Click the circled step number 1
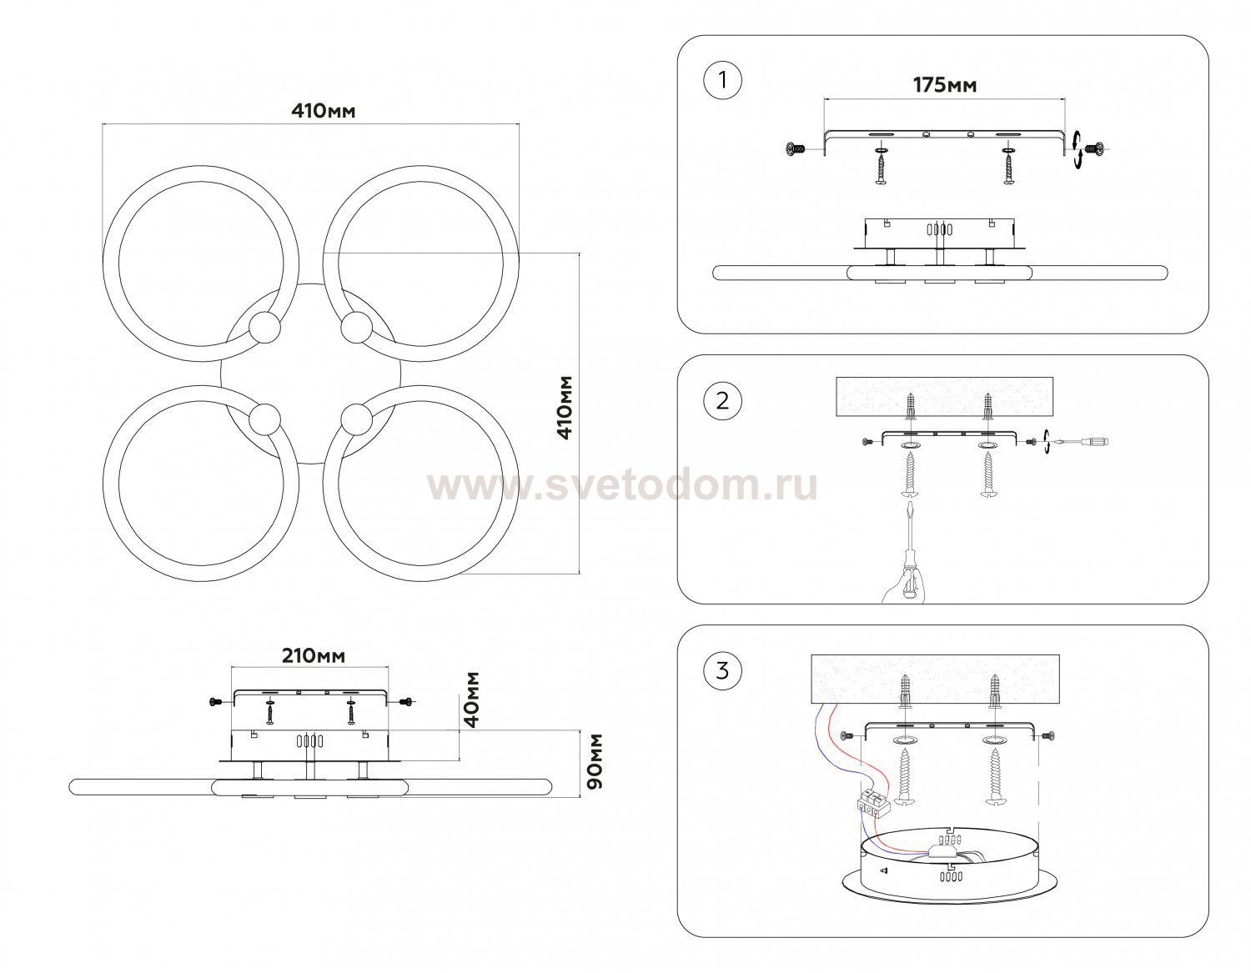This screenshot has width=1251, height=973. (722, 81)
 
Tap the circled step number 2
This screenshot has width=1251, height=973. (722, 400)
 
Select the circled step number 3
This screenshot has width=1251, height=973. (722, 670)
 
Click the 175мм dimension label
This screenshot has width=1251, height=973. (944, 85)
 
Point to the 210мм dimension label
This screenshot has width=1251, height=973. (313, 656)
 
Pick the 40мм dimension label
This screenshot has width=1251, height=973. (471, 699)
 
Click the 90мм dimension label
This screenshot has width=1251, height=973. (595, 761)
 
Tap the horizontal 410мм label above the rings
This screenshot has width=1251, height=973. (323, 110)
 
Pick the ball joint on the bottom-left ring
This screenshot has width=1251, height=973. (266, 418)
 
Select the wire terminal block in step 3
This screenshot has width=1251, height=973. (873, 802)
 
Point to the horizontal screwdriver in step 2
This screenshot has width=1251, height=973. (1083, 442)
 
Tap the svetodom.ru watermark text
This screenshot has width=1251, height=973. (622, 486)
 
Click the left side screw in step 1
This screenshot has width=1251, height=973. (794, 149)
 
